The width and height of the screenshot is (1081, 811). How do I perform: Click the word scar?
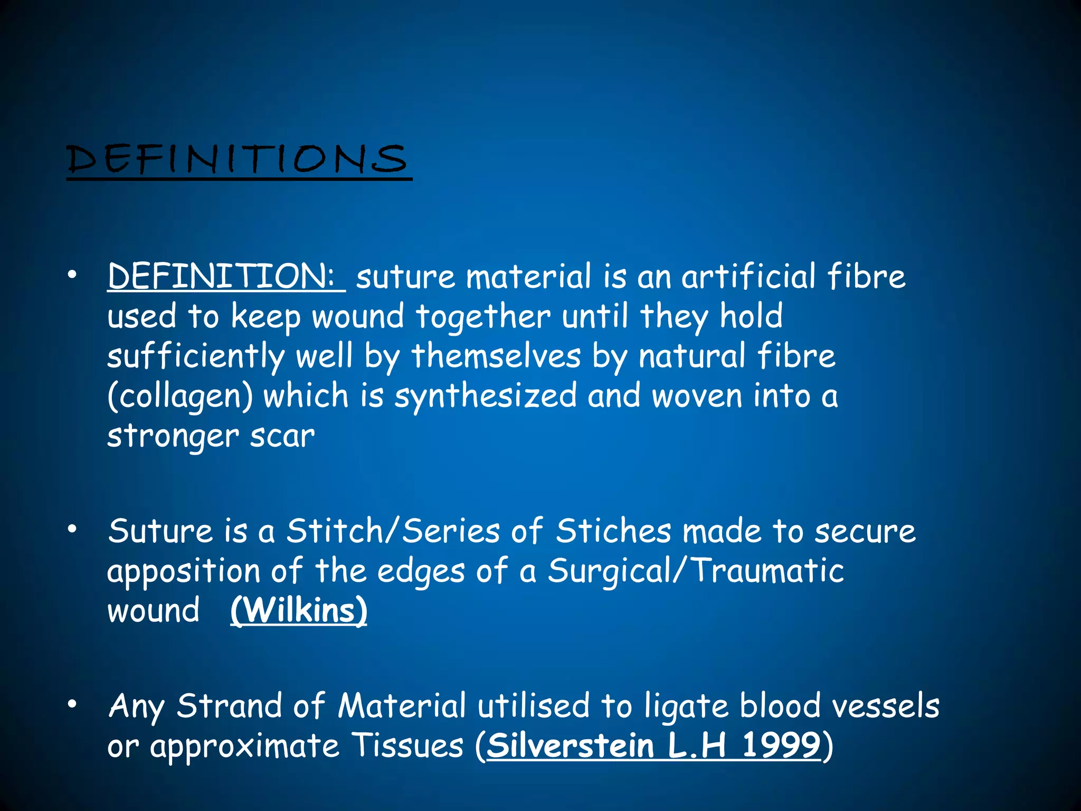tap(282, 437)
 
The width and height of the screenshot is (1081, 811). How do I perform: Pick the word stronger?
tap(173, 437)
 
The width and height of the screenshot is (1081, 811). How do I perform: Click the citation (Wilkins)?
tap(299, 611)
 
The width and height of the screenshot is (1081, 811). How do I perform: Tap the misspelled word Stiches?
tap(613, 531)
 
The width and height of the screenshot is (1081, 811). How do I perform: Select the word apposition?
tap(184, 572)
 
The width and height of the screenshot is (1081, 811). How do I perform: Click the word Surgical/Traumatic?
tap(696, 571)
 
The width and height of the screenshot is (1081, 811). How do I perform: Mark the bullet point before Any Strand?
tap(72, 703)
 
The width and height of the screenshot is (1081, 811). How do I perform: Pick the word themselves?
tap(496, 356)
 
